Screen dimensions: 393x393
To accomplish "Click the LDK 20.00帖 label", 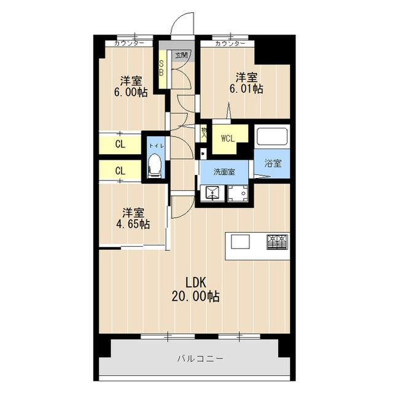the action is pos(196,289).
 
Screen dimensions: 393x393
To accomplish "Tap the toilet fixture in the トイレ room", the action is pos(154,165).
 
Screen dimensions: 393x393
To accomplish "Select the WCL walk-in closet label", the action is pos(228,138).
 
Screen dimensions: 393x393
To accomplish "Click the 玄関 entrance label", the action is pos(181,55).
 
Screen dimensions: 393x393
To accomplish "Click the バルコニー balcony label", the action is pos(200,359).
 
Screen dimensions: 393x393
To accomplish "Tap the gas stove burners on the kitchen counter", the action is pos(277,242).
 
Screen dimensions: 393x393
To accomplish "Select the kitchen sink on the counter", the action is pos(240,241).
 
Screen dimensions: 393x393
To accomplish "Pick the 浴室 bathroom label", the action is pos(273,163).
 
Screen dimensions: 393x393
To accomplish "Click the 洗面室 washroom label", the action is pos(224,172).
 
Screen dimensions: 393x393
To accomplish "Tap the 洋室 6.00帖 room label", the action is pos(131,86).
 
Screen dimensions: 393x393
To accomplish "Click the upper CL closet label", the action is pos(120,144).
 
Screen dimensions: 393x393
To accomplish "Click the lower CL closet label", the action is pos(120,171).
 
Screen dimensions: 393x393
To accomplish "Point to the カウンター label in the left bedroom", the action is pos(129,44).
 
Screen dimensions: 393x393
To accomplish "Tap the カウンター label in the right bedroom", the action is pos(230,44).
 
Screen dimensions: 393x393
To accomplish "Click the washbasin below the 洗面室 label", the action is pos(212,193).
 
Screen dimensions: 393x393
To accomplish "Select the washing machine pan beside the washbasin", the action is pos(238,193).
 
